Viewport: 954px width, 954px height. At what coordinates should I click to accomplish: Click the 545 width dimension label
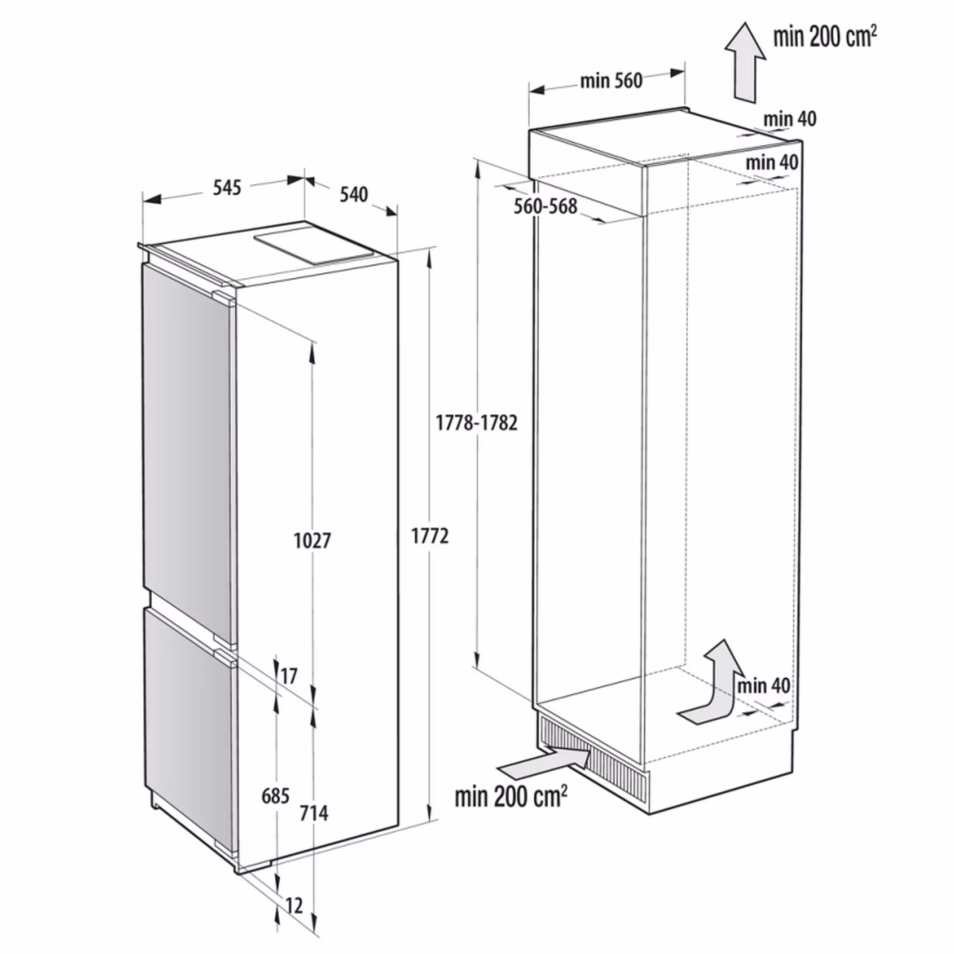(x=227, y=188)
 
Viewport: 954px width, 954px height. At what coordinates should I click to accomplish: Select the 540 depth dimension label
(x=354, y=195)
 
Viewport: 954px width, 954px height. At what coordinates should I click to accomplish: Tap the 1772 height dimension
(x=430, y=536)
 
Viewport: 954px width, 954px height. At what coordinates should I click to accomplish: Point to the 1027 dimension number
(x=313, y=541)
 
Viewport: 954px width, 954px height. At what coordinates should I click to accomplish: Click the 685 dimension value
(x=276, y=796)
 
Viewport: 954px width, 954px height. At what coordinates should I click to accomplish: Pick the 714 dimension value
(x=314, y=813)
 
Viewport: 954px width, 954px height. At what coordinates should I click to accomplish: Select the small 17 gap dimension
(x=289, y=676)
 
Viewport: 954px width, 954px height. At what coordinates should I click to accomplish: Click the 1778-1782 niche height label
(x=477, y=423)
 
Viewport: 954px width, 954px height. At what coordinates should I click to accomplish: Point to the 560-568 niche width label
(x=546, y=206)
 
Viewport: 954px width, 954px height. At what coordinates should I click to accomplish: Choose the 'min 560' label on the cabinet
(x=612, y=80)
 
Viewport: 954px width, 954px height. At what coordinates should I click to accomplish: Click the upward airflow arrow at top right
(x=745, y=63)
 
